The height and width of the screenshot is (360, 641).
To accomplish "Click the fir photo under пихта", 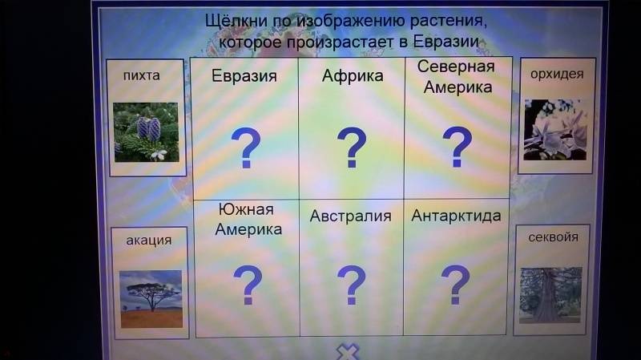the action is (146, 132).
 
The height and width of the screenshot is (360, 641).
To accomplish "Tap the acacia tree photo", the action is (151, 299).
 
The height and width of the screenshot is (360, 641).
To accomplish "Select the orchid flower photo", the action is (555, 130).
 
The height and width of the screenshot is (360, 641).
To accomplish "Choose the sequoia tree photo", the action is (550, 295).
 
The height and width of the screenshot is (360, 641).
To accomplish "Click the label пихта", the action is (142, 75).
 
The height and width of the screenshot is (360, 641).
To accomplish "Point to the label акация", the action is (148, 241).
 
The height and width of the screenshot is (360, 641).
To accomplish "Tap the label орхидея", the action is (557, 74).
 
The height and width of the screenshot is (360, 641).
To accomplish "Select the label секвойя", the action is (553, 237).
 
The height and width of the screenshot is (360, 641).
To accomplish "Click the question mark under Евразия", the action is (246, 148).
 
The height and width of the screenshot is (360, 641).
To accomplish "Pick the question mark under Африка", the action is (352, 148).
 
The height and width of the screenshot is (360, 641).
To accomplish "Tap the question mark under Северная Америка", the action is (458, 147).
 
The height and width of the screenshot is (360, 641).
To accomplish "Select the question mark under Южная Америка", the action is (248, 285).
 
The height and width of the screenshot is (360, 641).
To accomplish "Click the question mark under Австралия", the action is (352, 285).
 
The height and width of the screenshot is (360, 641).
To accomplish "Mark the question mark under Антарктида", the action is (455, 285).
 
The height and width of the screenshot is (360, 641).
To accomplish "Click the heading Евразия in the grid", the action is (244, 76).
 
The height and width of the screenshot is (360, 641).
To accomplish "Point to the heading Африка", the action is (353, 76).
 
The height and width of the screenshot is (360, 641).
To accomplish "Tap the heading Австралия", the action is (350, 216).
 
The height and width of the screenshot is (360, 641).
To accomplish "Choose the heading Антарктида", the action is (456, 216).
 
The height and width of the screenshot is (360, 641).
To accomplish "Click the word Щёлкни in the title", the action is (236, 21).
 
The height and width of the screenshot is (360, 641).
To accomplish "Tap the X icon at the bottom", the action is (348, 352).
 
